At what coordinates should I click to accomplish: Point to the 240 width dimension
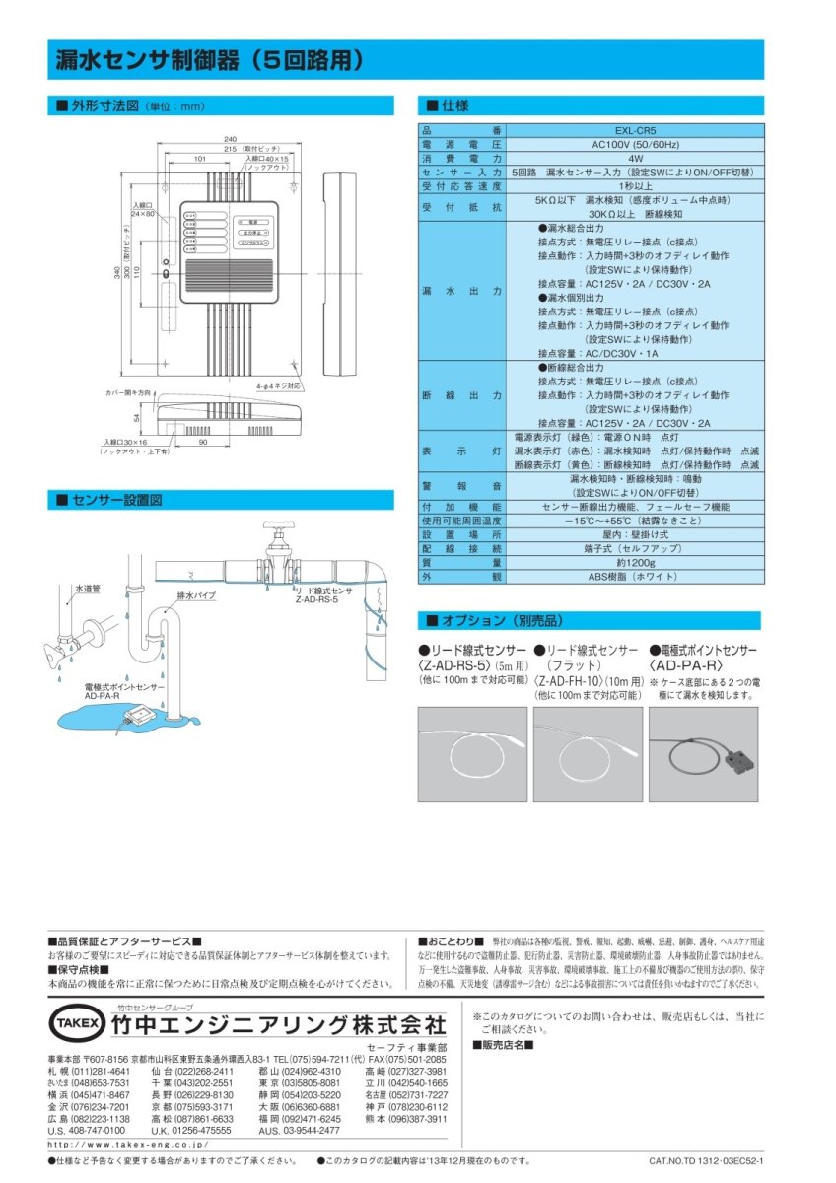230,139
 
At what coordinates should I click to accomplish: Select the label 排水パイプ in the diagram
196,596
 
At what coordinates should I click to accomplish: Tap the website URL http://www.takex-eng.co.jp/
128,1144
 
